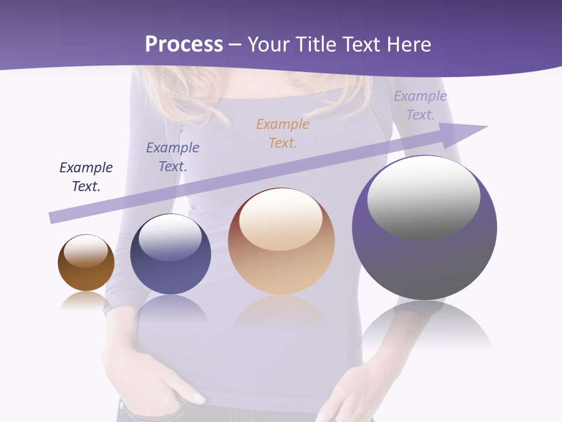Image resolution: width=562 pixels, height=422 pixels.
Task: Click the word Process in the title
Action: point(184,45)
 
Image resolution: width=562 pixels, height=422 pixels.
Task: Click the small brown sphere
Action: point(86,270)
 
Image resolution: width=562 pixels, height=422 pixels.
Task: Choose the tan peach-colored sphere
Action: point(281,258)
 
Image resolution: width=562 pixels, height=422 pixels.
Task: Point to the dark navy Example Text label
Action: point(86,176)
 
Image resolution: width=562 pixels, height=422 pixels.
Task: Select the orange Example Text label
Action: point(283,133)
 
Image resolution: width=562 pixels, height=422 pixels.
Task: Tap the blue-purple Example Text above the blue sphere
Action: point(173,156)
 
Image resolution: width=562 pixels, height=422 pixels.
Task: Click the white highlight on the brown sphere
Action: point(85,251)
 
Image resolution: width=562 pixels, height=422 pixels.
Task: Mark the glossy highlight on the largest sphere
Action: point(423,196)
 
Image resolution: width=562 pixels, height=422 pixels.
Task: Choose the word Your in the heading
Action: point(269,45)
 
